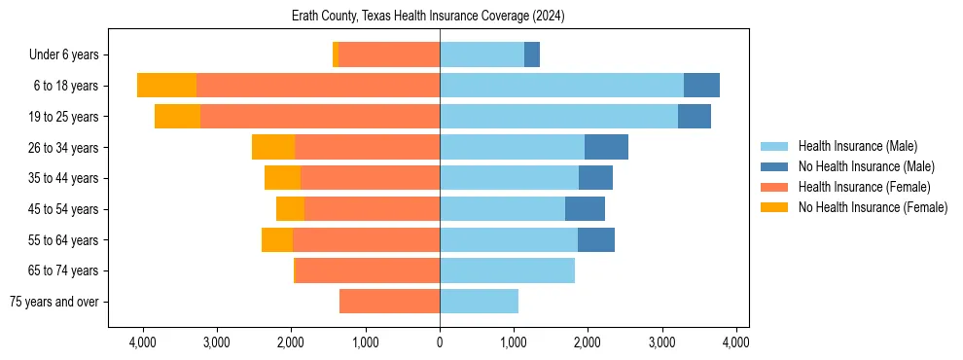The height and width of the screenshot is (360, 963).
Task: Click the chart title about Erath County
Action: [x=428, y=17]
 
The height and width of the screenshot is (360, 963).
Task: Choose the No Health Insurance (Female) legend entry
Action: [x=873, y=207]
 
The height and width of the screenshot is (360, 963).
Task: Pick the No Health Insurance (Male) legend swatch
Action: [x=774, y=166]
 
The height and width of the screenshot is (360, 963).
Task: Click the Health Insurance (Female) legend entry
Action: [x=864, y=187]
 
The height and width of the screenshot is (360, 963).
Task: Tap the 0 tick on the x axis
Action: [x=440, y=342]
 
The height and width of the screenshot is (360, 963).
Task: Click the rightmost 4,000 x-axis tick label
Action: [x=736, y=342]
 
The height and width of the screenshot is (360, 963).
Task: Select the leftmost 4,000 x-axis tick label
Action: [x=143, y=342]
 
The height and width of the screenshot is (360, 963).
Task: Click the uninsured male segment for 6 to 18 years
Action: [x=701, y=86]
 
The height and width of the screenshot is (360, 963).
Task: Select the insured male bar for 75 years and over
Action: [x=479, y=302]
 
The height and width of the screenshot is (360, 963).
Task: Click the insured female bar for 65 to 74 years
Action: [x=368, y=270]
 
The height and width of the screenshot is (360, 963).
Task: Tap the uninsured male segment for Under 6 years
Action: [x=532, y=54]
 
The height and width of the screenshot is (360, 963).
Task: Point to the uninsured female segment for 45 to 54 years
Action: [x=290, y=209]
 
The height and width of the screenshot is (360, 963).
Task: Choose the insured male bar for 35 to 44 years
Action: [x=509, y=178]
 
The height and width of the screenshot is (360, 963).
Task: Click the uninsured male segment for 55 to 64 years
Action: [x=596, y=239]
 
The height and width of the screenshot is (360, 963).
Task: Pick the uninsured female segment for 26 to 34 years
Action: [x=273, y=147]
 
